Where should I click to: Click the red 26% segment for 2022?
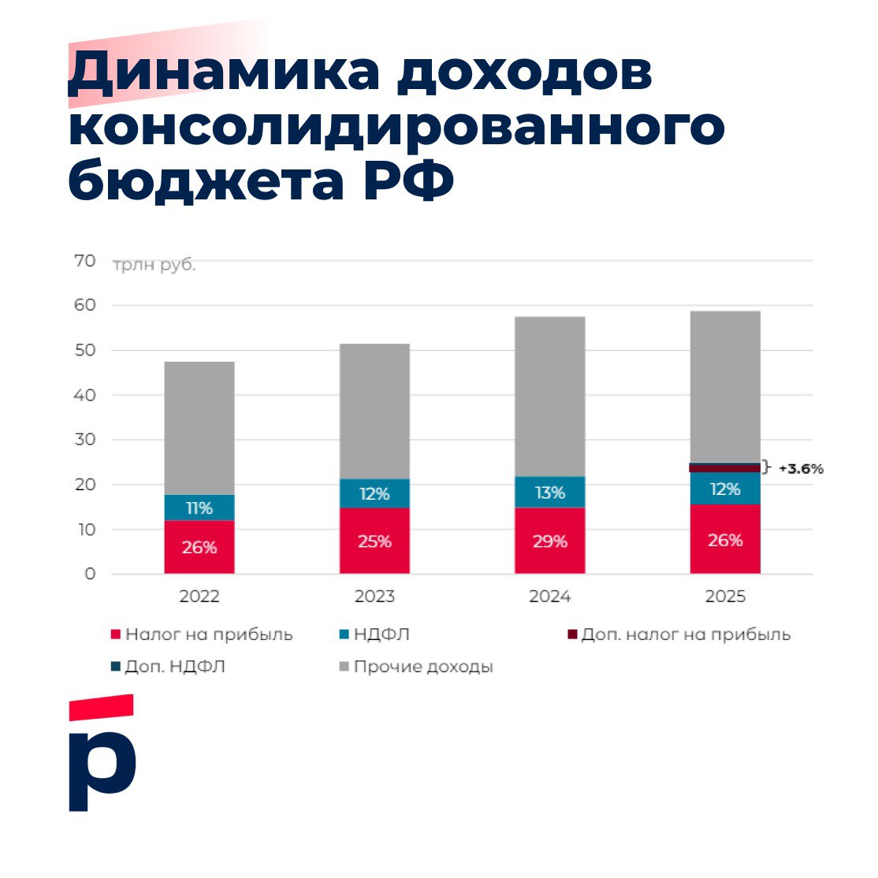199,547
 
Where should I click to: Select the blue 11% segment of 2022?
199,508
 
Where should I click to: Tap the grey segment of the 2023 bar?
374,411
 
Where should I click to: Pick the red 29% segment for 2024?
550,541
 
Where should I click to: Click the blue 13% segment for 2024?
550,492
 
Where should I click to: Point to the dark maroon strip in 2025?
725,468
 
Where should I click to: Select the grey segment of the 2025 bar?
725,386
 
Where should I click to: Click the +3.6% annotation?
800,469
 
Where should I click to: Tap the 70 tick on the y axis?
85,260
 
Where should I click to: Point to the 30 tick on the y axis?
85,440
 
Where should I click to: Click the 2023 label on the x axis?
374,597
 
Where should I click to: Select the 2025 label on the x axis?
725,597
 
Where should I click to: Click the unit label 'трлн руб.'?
154,266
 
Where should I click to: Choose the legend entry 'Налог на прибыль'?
208,634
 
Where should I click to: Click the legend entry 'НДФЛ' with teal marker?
381,634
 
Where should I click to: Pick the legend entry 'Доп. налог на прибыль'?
685,634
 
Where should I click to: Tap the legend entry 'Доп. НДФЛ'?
174,667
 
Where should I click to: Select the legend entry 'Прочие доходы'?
422,667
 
